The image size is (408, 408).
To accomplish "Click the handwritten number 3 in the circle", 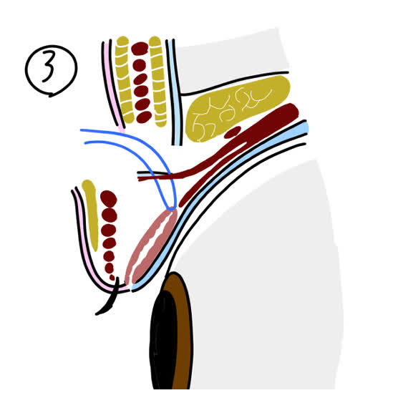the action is point(49,66).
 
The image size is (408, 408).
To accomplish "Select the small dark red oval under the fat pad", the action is point(233,132).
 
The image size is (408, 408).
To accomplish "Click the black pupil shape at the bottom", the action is point(163,339).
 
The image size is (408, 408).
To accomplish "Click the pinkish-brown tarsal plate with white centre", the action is point(151,247).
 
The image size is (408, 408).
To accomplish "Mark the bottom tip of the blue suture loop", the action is point(171,209).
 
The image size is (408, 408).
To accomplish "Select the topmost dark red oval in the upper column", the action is point(140,49).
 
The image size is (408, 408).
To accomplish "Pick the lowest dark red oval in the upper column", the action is point(144,117).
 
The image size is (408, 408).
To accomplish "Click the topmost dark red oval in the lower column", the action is point(109,199).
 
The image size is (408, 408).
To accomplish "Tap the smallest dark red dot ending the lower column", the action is point(112,278).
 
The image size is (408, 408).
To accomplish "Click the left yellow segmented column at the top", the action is point(125,79).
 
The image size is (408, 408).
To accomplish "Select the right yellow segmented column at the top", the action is point(158,81).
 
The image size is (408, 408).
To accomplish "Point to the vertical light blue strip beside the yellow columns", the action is point(175,92).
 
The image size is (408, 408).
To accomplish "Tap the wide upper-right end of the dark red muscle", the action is point(289,112).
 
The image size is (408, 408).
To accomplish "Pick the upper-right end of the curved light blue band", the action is point(303,127).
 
